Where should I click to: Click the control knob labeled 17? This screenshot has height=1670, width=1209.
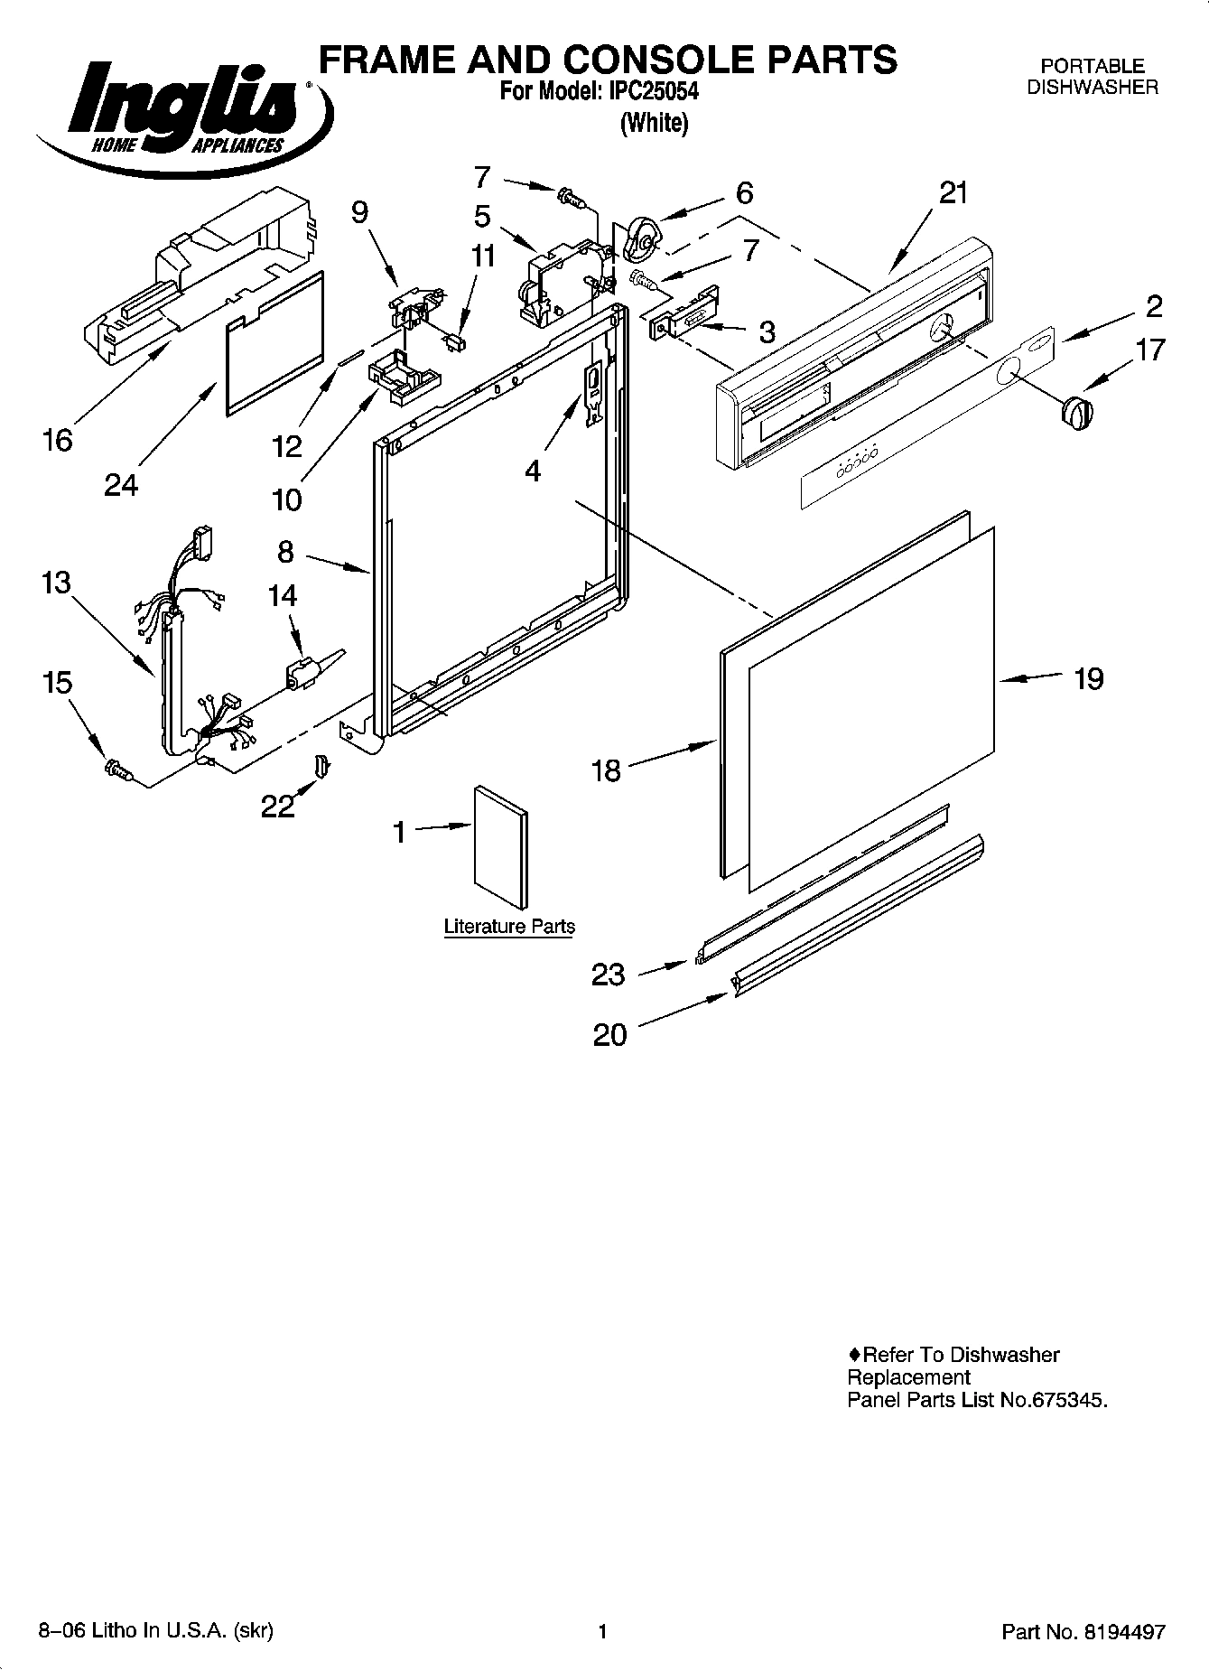point(1074,414)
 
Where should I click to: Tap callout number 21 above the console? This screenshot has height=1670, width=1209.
point(953,192)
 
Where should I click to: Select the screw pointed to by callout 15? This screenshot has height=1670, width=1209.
point(118,769)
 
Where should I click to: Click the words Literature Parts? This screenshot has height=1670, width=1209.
point(509,927)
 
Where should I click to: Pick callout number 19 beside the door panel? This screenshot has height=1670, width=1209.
point(1089,678)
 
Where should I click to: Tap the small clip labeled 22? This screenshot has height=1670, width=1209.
point(322,766)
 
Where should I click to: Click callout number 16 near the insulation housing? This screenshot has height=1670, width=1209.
point(57,440)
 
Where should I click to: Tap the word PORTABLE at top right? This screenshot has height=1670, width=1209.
point(1092,66)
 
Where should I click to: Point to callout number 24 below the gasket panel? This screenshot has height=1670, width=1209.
point(121,485)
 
